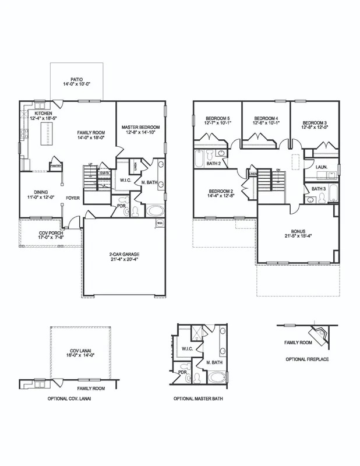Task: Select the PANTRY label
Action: click(56, 166)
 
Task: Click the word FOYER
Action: click(73, 197)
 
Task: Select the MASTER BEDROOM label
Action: click(140, 127)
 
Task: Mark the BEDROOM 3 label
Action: click(315, 122)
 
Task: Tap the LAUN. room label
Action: click(321, 167)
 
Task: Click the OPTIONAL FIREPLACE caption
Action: click(307, 359)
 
